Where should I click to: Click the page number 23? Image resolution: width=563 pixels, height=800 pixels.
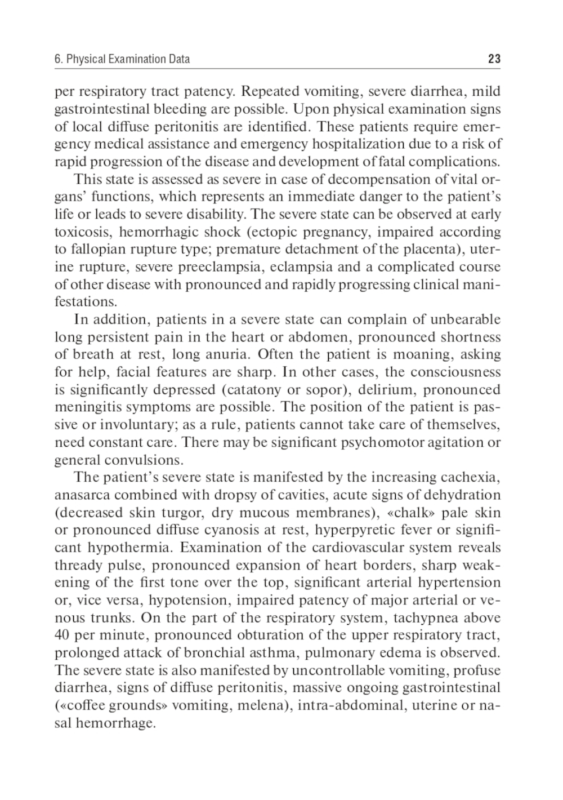coord(494,59)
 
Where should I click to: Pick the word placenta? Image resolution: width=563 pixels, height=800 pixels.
coord(433,250)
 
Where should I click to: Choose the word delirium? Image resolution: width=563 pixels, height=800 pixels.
coord(376,390)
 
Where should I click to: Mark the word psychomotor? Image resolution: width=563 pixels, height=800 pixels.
coord(375,443)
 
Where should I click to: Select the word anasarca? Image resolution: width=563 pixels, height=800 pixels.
coord(82,495)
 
